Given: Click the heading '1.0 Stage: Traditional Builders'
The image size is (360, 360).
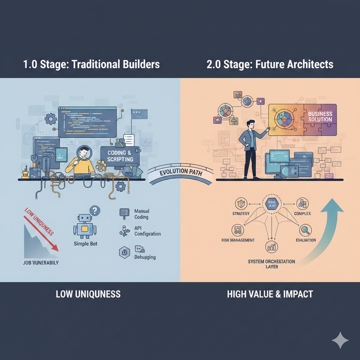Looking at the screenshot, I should click(91, 65).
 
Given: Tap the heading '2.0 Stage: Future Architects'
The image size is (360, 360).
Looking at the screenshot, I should click(270, 65).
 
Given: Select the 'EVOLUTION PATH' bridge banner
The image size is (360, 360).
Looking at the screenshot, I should click(180, 175).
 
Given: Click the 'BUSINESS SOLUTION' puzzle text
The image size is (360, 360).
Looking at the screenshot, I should click(320, 116).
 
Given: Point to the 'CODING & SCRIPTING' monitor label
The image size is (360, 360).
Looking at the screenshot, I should click(120, 156).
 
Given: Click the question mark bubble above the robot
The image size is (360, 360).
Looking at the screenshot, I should click(95, 211).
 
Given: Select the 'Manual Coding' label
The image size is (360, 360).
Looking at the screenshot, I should click(141, 214).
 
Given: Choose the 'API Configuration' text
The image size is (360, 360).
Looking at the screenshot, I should click(147, 231).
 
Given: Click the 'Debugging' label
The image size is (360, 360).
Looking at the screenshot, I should click(145, 257).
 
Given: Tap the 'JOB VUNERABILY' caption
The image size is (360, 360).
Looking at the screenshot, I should click(41, 263).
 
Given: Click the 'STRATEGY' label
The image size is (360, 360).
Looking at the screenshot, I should click(241, 213).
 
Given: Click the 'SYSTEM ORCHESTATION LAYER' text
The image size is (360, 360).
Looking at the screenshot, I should click(271, 264).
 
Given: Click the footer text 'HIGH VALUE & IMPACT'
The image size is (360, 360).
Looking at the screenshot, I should click(270, 294).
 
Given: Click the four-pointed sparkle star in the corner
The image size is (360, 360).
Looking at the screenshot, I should click(340, 340).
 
